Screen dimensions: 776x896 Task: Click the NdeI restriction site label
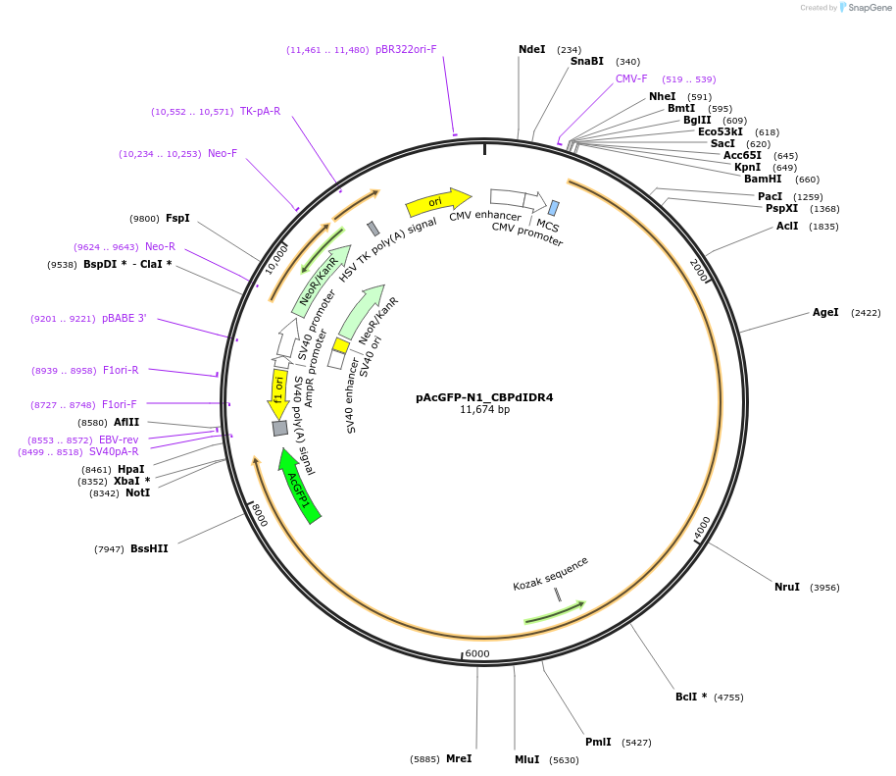(x=531, y=49)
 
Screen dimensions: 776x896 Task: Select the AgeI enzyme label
(x=825, y=312)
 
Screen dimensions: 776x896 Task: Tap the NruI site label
(x=786, y=587)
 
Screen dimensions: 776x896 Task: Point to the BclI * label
(x=690, y=697)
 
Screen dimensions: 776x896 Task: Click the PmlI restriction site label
(x=598, y=742)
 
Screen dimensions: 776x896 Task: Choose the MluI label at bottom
(x=526, y=759)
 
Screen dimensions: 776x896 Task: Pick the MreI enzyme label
(x=459, y=758)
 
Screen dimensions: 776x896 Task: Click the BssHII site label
(x=149, y=548)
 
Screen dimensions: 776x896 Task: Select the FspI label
(x=177, y=218)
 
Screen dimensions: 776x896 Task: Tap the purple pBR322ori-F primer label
(x=406, y=49)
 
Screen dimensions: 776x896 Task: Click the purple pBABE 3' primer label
(x=124, y=318)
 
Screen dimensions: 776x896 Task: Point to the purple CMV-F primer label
(x=631, y=78)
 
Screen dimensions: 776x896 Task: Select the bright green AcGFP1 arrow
(x=299, y=486)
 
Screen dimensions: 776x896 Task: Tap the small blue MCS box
(x=554, y=208)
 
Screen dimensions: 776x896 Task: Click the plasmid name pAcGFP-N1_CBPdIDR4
(x=484, y=397)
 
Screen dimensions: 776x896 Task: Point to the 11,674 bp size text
(x=484, y=409)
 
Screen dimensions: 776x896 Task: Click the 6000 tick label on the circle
(x=476, y=653)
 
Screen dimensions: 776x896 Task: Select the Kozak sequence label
(x=550, y=574)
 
